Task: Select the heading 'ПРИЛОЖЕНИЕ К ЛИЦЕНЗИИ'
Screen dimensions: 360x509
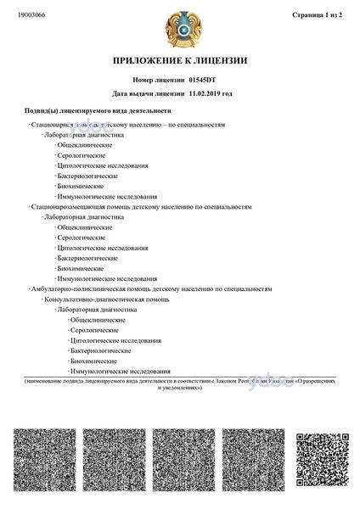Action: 180,61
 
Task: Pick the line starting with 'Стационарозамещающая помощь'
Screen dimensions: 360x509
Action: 140,206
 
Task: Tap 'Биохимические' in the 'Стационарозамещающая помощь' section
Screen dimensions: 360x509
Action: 80,268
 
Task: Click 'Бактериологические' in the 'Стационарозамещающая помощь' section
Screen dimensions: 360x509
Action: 87,257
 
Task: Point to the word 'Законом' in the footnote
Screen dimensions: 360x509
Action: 228,383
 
